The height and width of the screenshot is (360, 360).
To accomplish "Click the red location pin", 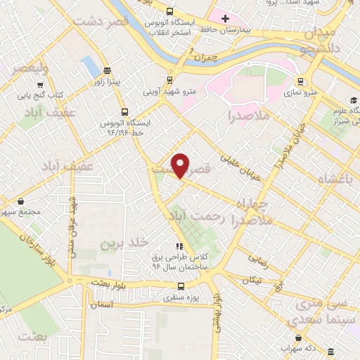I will [181, 165].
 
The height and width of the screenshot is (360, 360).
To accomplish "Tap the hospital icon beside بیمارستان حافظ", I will [224, 18].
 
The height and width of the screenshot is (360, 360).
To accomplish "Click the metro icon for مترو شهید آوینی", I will [168, 79].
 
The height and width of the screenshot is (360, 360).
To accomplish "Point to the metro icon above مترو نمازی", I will [300, 80].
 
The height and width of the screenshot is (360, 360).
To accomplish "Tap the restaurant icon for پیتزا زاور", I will [106, 70].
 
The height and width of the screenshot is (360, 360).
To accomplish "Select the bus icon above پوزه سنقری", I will [181, 286].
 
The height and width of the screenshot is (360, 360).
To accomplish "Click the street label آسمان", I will [101, 304].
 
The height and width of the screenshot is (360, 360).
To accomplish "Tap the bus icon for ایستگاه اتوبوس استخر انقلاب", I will [169, 11].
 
